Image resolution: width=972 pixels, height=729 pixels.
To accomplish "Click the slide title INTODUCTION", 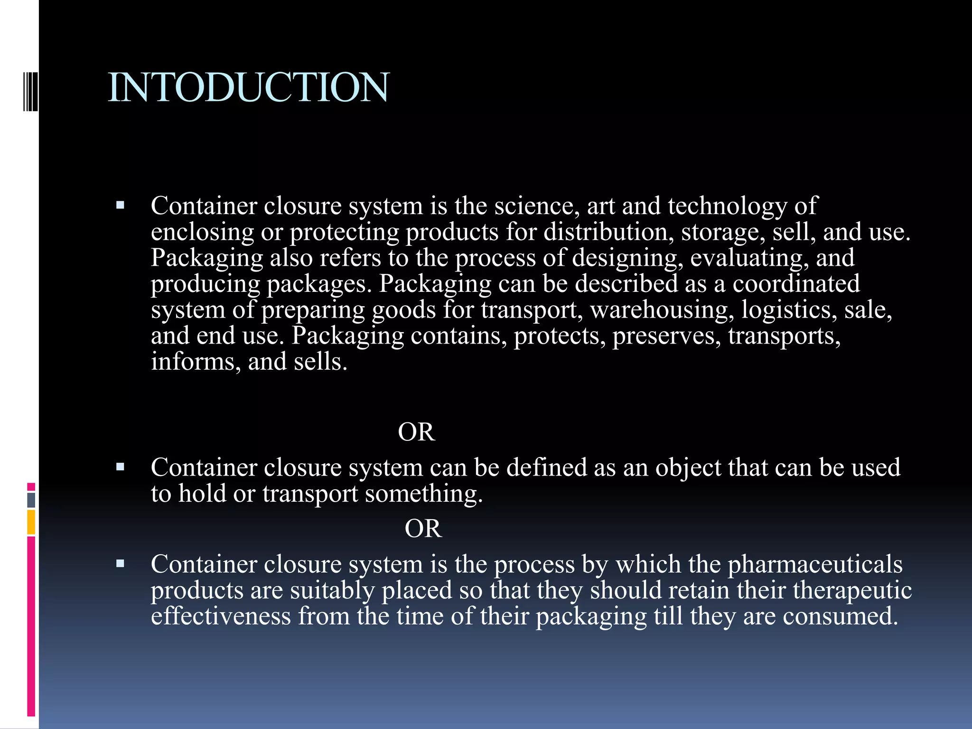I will pos(249,87).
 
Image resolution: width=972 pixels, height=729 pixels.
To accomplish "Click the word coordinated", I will pos(796,284).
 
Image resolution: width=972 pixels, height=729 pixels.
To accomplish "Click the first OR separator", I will pos(416,432).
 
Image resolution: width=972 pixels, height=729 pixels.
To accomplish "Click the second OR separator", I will pos(423,529).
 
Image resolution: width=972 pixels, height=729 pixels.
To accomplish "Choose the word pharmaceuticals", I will pos(815,565).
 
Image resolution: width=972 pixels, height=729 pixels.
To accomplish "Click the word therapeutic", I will pos(852,591).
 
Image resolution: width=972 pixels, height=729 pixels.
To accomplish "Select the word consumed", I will pos(840,617).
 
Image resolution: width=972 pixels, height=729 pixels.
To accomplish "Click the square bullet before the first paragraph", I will pos(120,206).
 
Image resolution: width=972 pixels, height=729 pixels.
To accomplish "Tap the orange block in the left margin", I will pos(31,522).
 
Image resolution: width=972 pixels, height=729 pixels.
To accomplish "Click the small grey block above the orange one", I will pos(31,500).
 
